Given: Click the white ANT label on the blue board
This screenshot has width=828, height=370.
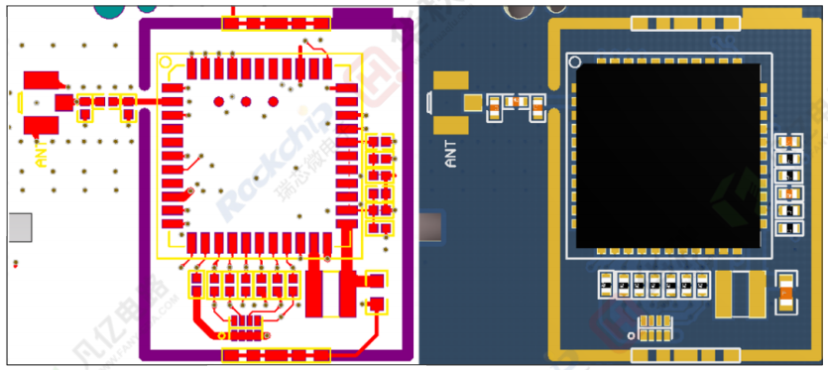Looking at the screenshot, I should [x=452, y=154].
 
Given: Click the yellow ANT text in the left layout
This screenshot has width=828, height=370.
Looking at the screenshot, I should [x=41, y=155].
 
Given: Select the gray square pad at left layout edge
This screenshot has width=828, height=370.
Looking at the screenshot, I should [x=21, y=227].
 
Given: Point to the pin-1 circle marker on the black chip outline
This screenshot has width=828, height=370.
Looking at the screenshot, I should [x=573, y=62].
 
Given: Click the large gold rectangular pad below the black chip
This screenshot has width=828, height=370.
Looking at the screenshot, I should [x=739, y=295].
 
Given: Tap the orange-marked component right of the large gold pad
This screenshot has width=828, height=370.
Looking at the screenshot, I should [x=785, y=294].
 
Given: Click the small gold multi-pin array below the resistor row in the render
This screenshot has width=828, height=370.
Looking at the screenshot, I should [x=654, y=326].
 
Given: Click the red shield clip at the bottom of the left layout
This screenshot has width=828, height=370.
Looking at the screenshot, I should [x=275, y=353].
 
